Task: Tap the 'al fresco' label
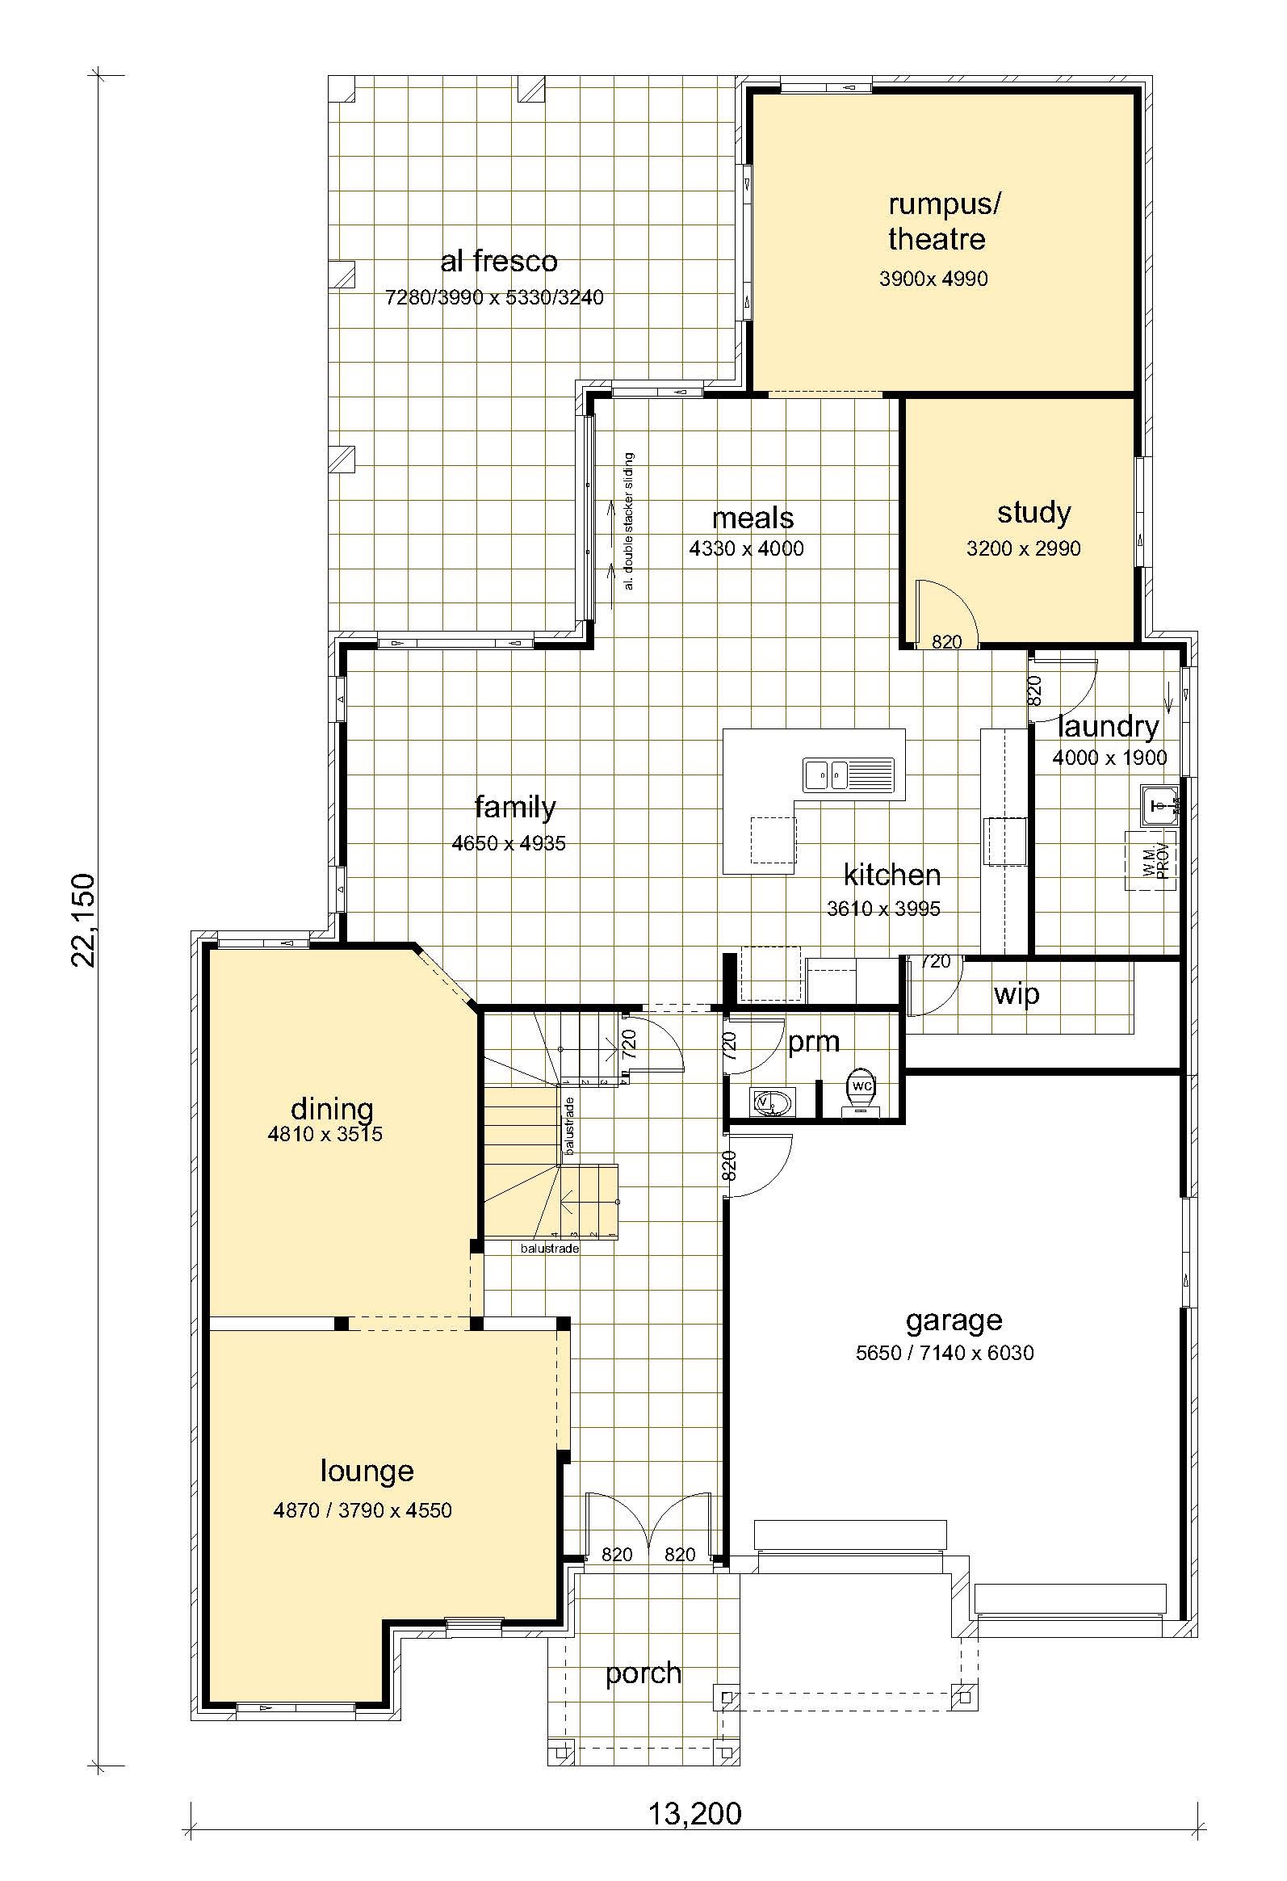click(x=499, y=261)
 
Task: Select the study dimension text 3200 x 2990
click(x=1023, y=548)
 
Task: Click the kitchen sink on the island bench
click(x=849, y=775)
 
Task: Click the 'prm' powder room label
click(x=813, y=1042)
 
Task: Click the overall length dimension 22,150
click(x=82, y=920)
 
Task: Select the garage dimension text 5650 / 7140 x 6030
click(x=945, y=1353)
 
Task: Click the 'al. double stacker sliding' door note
click(x=629, y=521)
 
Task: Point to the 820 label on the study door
click(x=946, y=642)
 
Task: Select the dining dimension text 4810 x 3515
click(x=325, y=1134)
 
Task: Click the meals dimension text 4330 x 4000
click(x=746, y=548)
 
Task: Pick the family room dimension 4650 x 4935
click(x=509, y=843)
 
